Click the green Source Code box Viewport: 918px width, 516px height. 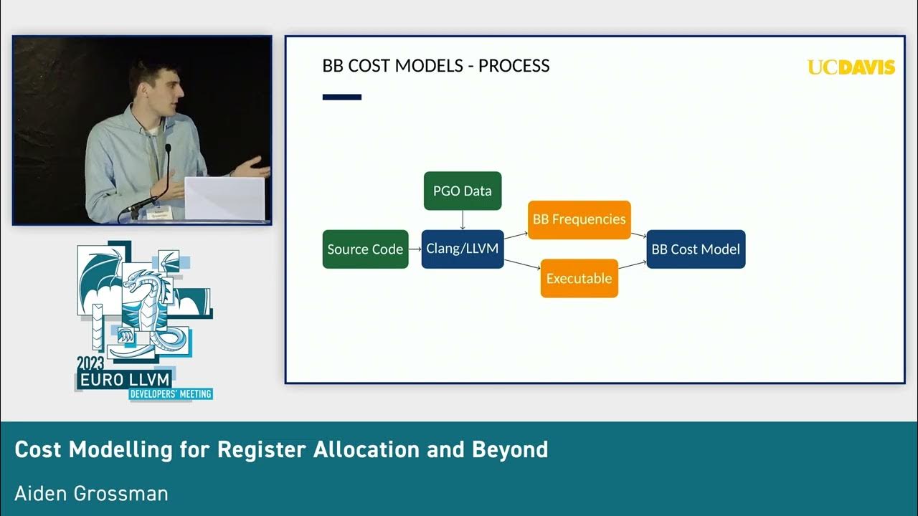[365, 249]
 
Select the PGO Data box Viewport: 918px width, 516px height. [463, 191]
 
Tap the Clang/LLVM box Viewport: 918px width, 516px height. [463, 249]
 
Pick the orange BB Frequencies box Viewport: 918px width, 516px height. [579, 219]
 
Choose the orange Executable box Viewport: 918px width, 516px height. [579, 278]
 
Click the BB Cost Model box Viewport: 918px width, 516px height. [696, 249]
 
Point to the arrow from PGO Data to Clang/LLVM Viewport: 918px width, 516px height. [463, 220]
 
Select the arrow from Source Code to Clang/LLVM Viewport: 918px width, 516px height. [415, 249]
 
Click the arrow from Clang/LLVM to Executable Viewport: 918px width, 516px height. [522, 264]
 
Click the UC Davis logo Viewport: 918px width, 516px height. [851, 67]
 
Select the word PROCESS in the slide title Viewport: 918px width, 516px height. [514, 66]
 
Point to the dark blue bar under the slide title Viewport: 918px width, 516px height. [342, 97]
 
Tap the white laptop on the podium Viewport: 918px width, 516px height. [224, 199]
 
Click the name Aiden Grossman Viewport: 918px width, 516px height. [91, 493]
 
